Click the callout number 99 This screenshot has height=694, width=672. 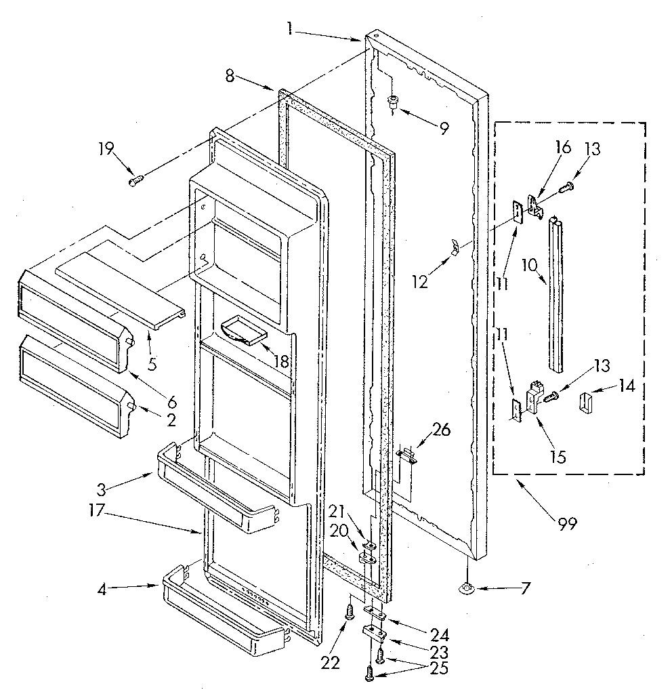[x=567, y=524]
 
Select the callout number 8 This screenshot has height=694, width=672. [x=230, y=77]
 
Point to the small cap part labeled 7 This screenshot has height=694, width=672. [x=467, y=589]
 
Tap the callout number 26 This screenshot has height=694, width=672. [x=442, y=429]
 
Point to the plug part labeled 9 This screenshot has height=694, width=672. [x=394, y=102]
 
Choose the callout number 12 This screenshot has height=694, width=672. [x=421, y=281]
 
